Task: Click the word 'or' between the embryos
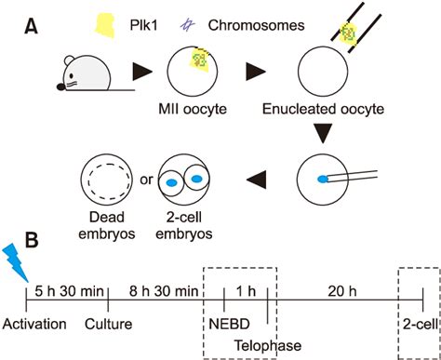pyautogui.click(x=145, y=175)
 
